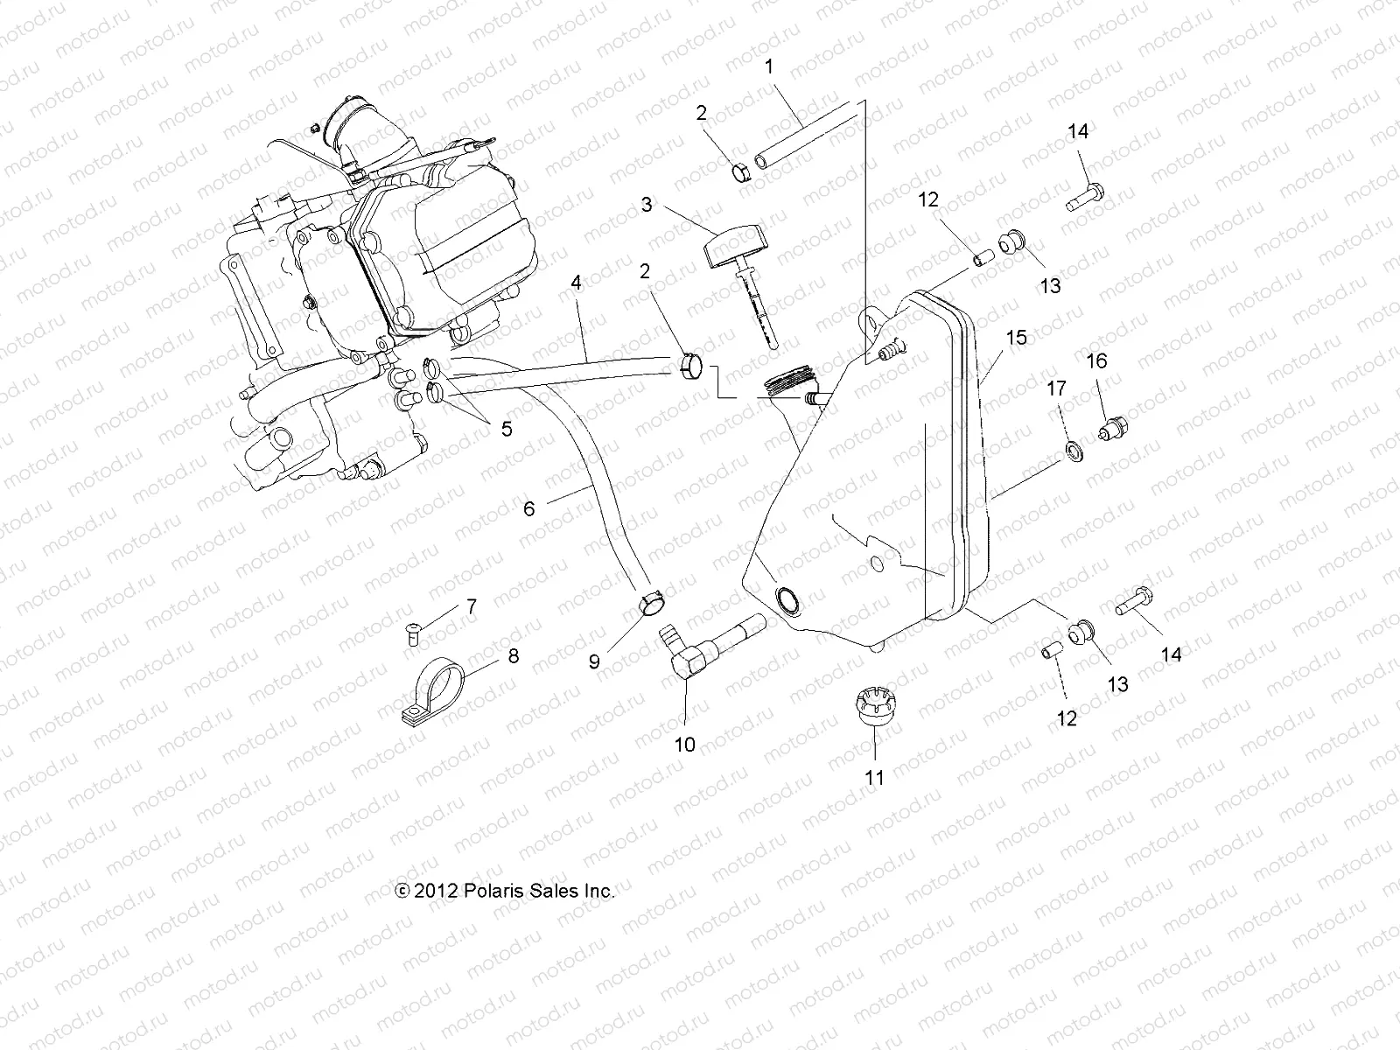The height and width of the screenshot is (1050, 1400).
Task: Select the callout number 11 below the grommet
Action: click(875, 776)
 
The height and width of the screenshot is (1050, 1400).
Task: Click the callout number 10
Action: click(684, 745)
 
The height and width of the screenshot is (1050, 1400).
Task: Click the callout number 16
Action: click(1096, 360)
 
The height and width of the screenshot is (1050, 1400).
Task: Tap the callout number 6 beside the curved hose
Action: click(528, 507)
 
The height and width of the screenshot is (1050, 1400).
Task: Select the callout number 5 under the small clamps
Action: click(506, 429)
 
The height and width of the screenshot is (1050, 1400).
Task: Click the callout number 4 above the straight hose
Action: click(576, 283)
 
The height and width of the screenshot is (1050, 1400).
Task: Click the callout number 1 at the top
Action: click(769, 66)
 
